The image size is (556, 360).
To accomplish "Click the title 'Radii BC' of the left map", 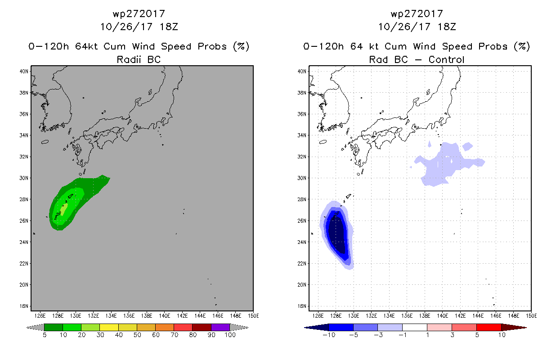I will tap(139, 59).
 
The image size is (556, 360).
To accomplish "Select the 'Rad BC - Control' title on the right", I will tap(417, 59).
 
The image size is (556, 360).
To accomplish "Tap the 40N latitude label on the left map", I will tap(24, 71).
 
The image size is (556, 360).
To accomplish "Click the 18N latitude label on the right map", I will tap(301, 306).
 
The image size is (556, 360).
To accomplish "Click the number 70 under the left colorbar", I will tap(174, 335).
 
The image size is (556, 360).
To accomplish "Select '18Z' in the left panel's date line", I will tap(168, 27).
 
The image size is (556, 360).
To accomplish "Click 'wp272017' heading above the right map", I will tap(417, 13).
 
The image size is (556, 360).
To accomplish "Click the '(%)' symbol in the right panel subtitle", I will tap(522, 46).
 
